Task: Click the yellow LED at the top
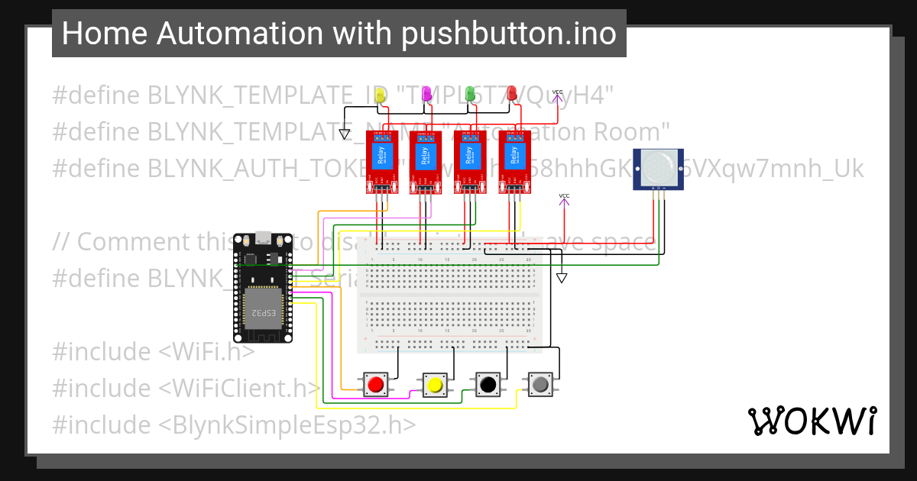click(383, 94)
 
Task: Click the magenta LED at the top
click(427, 94)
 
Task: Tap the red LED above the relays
click(511, 94)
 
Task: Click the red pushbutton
click(375, 385)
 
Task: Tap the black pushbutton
click(487, 385)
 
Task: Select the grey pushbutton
click(540, 385)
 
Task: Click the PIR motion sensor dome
click(658, 166)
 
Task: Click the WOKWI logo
click(812, 421)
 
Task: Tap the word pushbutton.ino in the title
click(506, 34)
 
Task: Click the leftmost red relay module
click(380, 161)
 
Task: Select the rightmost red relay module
click(515, 161)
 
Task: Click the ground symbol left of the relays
click(345, 134)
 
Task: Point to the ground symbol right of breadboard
click(562, 279)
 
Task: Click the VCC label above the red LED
click(557, 92)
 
